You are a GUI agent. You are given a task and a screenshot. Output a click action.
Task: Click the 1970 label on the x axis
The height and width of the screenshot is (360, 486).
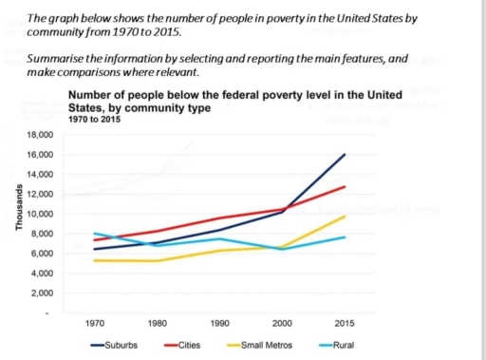pos(95,323)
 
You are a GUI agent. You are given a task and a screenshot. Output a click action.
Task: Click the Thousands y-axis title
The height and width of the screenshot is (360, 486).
pos(12,205)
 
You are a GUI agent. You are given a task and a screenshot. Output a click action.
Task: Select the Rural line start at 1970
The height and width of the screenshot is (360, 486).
pos(95,233)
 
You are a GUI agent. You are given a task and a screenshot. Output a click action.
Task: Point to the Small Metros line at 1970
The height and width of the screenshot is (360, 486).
pos(95,259)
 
